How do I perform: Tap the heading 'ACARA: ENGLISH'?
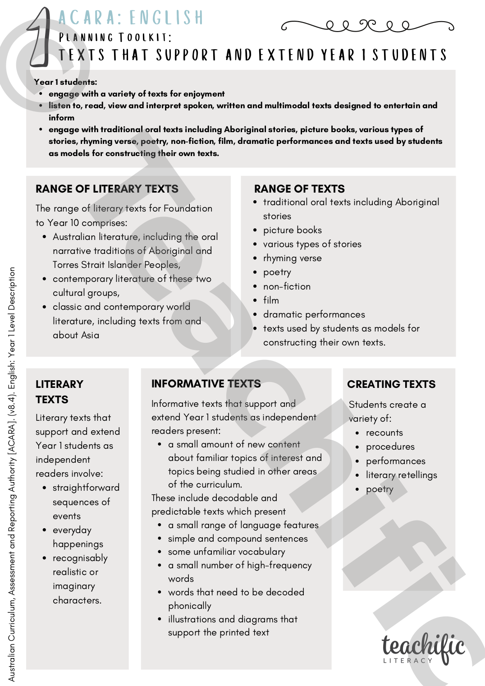131,18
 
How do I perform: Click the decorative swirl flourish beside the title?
367,26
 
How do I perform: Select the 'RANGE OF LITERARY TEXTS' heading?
107,189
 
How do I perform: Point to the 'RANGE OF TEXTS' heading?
299,189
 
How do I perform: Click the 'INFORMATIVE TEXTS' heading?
206,384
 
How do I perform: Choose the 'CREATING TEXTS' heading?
391,384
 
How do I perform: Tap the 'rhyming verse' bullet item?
292,258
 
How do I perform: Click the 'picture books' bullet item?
292,230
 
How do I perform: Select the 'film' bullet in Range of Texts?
271,300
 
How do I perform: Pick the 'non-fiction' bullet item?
287,286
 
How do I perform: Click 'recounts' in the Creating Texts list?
384,433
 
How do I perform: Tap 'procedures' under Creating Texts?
390,447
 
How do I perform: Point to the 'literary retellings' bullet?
401,475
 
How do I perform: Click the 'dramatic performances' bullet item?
314,314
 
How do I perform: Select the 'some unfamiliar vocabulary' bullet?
226,552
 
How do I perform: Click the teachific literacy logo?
423,649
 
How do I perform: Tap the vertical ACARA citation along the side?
12,474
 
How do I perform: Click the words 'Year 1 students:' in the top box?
65,82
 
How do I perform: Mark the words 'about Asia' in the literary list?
76,335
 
